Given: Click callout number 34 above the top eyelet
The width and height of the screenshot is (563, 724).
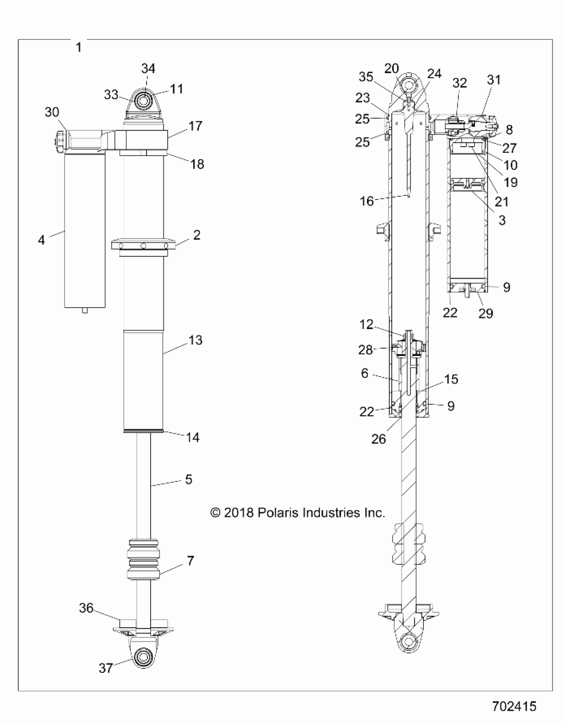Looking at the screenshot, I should (148, 69).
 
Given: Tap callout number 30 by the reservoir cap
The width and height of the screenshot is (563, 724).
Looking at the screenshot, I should (52, 112).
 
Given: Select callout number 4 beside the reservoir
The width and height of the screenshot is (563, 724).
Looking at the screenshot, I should (41, 240).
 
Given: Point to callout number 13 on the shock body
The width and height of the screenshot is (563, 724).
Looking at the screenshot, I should (195, 340).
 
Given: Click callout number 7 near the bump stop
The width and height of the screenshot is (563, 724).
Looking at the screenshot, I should (190, 561).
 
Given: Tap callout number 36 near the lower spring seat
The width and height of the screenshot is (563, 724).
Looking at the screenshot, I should (86, 608).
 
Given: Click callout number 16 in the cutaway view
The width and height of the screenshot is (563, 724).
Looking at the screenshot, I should (367, 201).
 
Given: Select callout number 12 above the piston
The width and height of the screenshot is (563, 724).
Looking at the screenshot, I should (366, 324).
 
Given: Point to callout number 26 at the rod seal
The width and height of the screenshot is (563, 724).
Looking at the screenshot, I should (379, 439).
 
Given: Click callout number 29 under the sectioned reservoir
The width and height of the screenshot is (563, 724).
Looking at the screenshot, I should (486, 313).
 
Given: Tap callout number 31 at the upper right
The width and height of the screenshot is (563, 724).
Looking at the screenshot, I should (493, 80).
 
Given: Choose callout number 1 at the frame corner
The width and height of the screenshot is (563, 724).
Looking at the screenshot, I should (78, 47).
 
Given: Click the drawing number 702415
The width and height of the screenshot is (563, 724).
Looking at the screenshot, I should (514, 706).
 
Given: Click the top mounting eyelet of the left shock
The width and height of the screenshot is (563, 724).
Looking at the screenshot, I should (143, 100).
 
